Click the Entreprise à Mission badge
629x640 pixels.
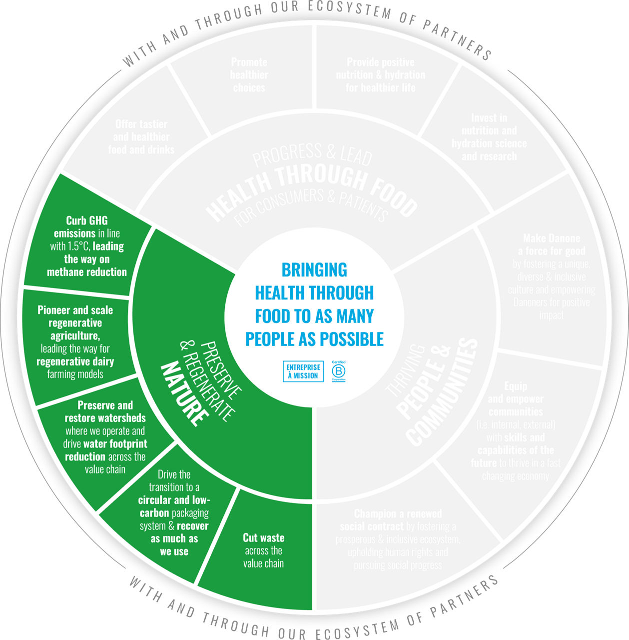[303, 371]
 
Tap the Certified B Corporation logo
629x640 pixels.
[339, 371]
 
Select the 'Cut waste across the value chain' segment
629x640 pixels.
[263, 550]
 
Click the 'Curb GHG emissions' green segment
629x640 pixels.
[87, 246]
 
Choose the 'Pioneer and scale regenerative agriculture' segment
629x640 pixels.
[75, 342]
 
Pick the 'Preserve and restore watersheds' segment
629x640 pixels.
[105, 437]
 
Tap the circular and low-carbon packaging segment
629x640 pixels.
[174, 513]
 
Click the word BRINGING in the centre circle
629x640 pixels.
[314, 270]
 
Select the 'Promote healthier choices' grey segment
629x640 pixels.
[249, 75]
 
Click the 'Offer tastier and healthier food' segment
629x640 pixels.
[141, 137]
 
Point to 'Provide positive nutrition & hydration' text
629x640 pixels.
[380, 75]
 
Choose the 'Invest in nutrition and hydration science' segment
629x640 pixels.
[489, 137]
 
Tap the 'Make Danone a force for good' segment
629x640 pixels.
[552, 276]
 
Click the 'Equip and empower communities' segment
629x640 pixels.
[516, 430]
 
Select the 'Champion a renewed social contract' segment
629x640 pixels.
[398, 539]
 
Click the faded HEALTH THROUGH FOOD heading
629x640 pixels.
[313, 187]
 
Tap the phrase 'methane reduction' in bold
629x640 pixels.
[87, 272]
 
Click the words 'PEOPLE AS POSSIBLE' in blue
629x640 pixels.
[314, 339]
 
